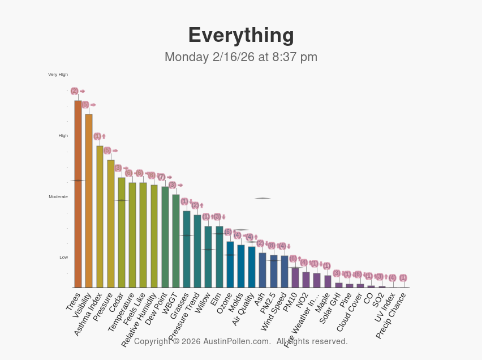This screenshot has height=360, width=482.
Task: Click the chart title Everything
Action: pyautogui.click(x=241, y=35)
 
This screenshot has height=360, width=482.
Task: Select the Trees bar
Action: pyautogui.click(x=78, y=194)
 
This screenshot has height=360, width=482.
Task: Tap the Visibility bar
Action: pyautogui.click(x=89, y=201)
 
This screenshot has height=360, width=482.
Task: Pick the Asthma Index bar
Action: pyautogui.click(x=100, y=217)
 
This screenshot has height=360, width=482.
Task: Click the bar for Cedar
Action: pyautogui.click(x=122, y=233)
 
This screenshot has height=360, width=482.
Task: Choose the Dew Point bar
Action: pyautogui.click(x=165, y=237)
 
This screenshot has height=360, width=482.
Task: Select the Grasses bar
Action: pyautogui.click(x=187, y=249)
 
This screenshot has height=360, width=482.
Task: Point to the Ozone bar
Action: pyautogui.click(x=230, y=264)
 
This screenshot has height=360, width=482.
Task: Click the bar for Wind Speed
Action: pyautogui.click(x=285, y=272)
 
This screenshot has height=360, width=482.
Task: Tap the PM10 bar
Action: pyautogui.click(x=295, y=277)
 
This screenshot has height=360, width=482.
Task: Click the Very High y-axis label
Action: pyautogui.click(x=58, y=75)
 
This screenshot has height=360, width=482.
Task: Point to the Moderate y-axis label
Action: pyautogui.click(x=58, y=197)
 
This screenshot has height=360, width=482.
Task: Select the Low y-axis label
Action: pyautogui.click(x=63, y=258)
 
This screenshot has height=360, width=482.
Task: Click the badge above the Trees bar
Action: pyautogui.click(x=74, y=91)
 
